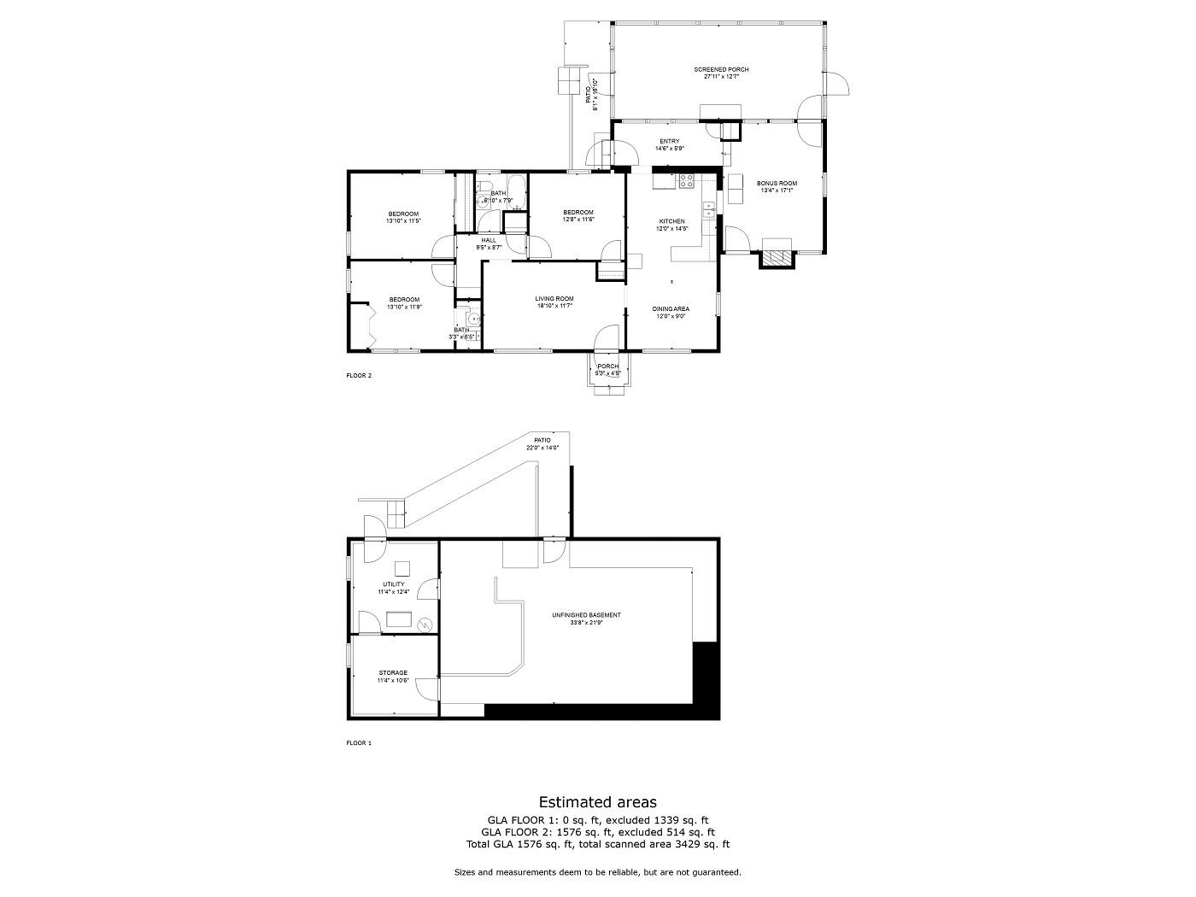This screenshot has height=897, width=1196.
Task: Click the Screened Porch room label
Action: (721, 69)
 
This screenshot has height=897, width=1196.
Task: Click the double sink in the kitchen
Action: (708, 210)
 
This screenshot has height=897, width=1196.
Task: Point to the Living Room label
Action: (554, 299)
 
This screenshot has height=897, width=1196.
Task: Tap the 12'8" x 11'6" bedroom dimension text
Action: (577, 220)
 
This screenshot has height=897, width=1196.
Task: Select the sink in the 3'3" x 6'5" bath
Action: (471, 319)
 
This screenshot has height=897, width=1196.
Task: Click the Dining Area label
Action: (671, 308)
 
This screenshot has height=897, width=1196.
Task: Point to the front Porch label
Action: (607, 366)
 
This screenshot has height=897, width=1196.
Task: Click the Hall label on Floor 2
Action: (489, 240)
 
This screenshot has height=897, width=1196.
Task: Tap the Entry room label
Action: (669, 141)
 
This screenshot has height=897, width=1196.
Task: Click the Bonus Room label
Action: (776, 183)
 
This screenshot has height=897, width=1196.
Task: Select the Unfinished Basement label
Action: (586, 615)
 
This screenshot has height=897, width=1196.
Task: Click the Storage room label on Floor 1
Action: (393, 673)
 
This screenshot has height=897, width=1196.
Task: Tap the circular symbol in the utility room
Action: (425, 624)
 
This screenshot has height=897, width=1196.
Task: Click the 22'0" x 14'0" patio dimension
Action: (542, 448)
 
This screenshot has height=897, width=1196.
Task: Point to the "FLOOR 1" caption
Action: (358, 743)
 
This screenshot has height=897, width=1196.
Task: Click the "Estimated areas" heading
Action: (597, 801)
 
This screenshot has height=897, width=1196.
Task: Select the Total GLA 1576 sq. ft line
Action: (597, 844)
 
